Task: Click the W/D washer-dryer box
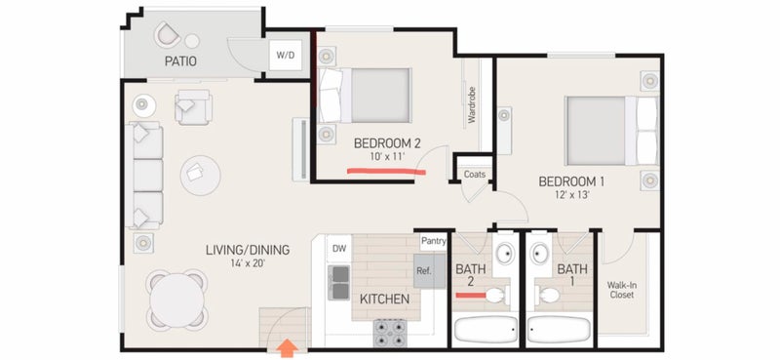(x=286, y=55)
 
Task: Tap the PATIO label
(x=180, y=61)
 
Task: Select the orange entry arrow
(x=287, y=348)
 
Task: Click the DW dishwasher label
(x=338, y=248)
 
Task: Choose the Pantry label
(x=433, y=242)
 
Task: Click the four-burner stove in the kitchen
(x=391, y=333)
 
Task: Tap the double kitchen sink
(x=338, y=282)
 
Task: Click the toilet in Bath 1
(x=546, y=296)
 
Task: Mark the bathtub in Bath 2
(x=486, y=329)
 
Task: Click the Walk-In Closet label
(x=622, y=290)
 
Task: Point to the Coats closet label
(x=474, y=175)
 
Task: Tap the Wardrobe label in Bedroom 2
(x=472, y=105)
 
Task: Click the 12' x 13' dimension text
(x=571, y=195)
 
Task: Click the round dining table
(x=177, y=300)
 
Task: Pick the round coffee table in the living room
(x=201, y=176)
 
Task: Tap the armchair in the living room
(x=193, y=106)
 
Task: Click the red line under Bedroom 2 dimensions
(x=386, y=172)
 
